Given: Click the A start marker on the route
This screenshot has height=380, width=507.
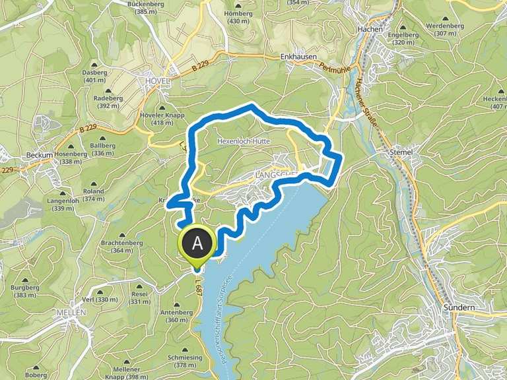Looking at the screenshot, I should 197,244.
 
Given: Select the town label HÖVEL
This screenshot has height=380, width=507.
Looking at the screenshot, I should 156,80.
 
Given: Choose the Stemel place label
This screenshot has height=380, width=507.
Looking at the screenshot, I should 401,152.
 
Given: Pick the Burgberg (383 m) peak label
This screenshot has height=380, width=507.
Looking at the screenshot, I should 24,292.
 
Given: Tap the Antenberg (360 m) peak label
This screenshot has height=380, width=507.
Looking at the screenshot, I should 176,316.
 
